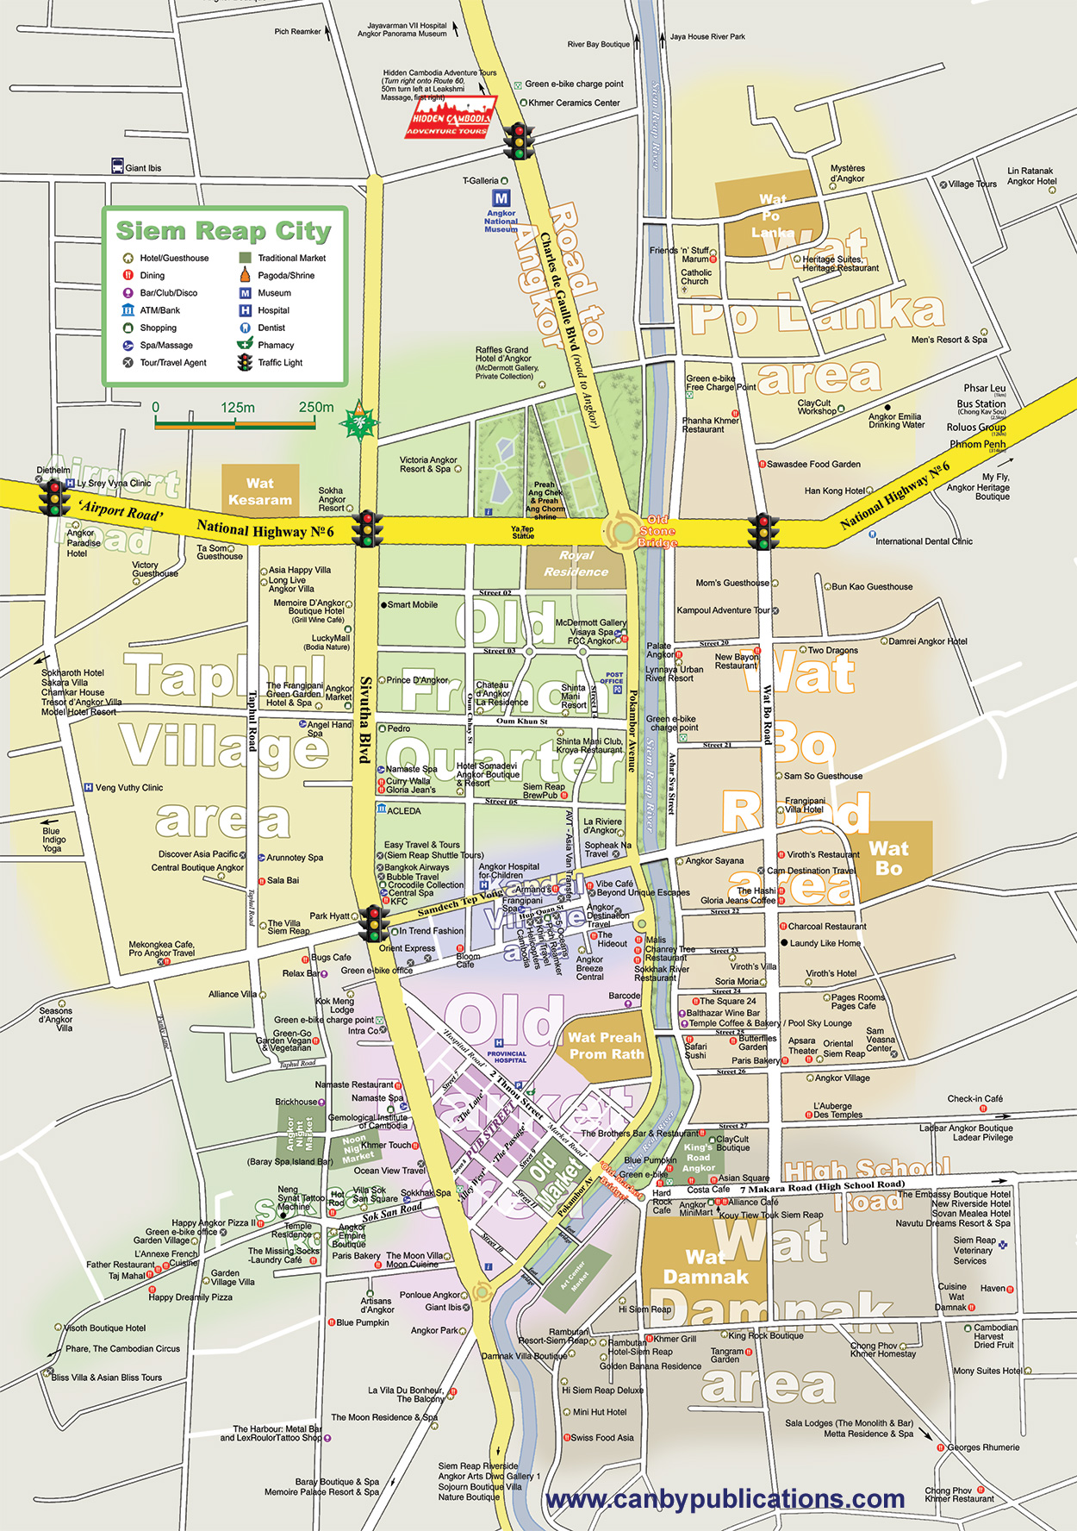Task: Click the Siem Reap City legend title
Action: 223,231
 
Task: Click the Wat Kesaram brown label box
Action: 260,491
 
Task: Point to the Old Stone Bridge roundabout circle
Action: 621,531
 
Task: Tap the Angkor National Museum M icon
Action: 501,198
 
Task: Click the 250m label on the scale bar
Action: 315,407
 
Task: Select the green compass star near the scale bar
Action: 358,422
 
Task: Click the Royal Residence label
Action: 576,564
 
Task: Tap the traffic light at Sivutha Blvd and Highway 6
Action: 369,528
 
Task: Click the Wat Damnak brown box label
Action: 705,1266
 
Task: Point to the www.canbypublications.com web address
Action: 725,1499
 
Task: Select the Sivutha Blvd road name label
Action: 365,720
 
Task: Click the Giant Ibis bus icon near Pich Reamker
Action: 118,166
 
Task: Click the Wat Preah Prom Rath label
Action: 606,1046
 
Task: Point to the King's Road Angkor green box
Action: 699,1158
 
